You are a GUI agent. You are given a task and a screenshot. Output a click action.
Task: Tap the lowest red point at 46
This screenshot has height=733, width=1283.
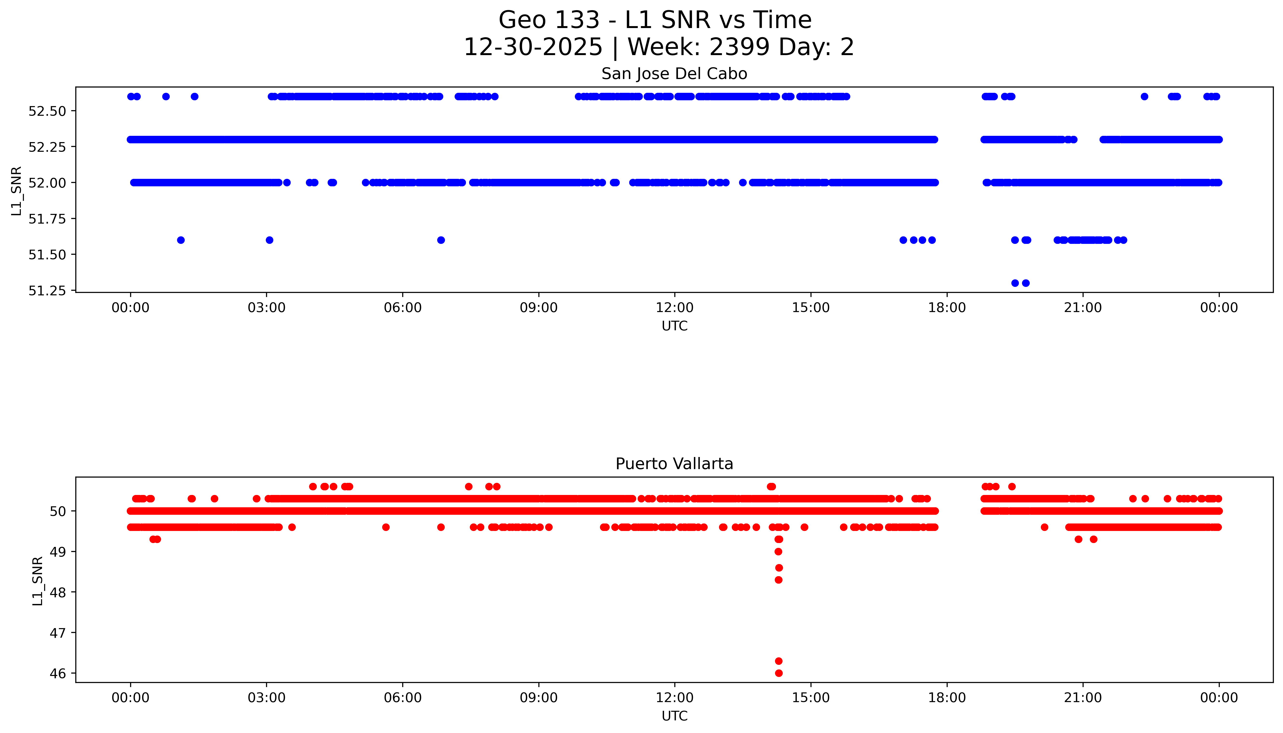click(779, 673)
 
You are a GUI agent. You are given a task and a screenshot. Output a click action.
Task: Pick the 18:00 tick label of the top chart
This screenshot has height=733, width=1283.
click(946, 308)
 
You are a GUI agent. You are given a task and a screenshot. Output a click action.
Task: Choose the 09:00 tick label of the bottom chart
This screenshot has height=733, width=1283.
click(539, 698)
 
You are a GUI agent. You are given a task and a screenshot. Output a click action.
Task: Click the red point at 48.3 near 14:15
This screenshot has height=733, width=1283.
click(779, 580)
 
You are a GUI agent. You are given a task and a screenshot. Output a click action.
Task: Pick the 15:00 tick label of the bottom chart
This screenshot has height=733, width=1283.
click(811, 698)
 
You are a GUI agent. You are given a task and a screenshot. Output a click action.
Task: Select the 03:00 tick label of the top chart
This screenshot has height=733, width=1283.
click(267, 308)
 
